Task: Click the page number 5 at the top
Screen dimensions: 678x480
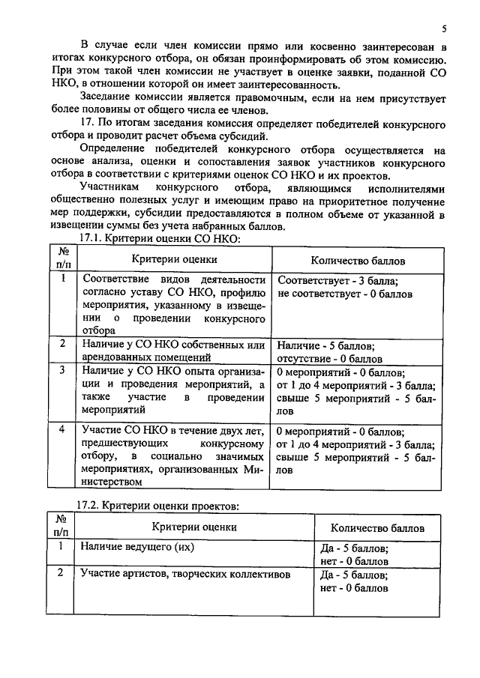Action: tap(444, 29)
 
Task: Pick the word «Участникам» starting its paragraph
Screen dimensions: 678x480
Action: tap(111, 187)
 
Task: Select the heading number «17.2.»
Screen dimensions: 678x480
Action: tap(95, 507)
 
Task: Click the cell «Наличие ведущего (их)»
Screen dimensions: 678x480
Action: tap(137, 547)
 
